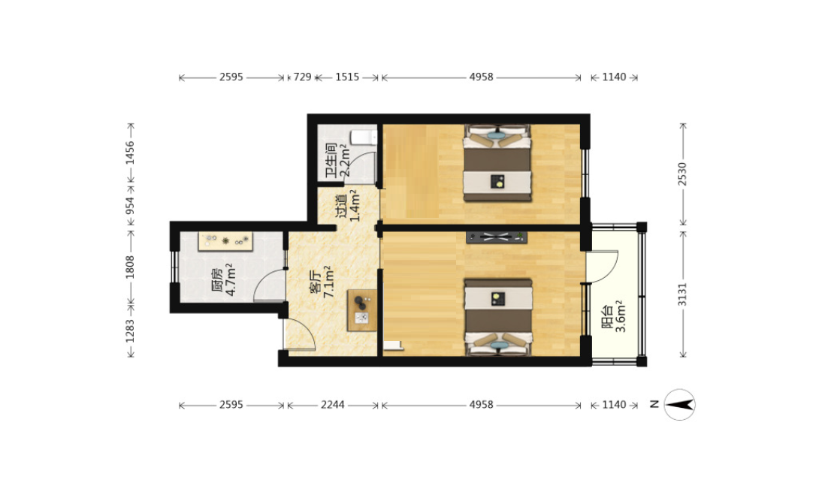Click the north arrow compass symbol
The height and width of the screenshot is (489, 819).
(679, 404)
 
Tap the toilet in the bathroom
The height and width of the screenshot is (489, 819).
(364, 137)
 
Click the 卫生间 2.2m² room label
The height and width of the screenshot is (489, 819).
(337, 161)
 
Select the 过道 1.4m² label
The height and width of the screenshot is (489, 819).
(348, 205)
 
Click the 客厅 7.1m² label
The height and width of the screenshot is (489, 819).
(322, 282)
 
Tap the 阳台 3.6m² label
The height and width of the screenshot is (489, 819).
(614, 316)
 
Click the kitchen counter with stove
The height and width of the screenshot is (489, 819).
(225, 241)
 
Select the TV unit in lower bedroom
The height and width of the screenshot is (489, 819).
(496, 237)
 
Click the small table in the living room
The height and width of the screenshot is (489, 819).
(362, 309)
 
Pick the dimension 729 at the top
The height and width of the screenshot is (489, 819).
(302, 77)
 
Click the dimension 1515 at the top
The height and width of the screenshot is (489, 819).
(347, 77)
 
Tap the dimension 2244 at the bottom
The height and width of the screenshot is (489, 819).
(333, 405)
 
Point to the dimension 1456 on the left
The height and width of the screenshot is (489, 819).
(130, 153)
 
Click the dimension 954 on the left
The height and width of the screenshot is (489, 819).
(130, 205)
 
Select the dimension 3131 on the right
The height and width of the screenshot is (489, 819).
(683, 294)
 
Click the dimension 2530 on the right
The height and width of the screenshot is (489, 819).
(683, 174)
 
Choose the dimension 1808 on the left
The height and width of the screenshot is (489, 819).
(130, 267)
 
